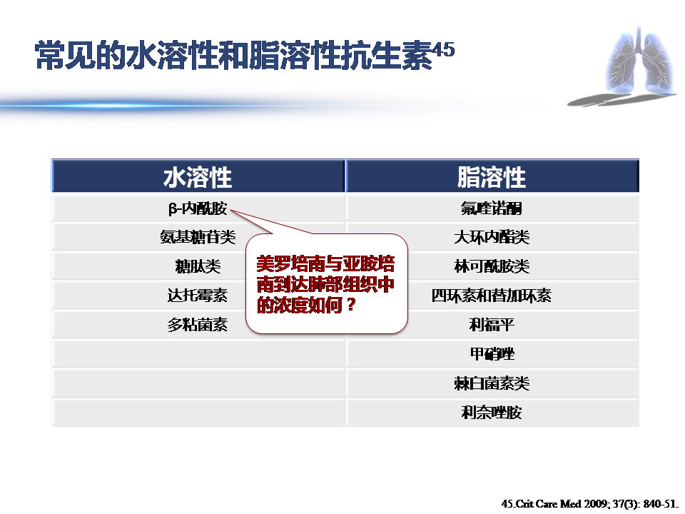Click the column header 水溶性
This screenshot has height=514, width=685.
[x=198, y=177]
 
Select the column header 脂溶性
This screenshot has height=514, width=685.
[x=492, y=177]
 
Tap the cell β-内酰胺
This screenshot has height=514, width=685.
[x=198, y=208]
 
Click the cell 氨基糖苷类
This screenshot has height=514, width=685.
[x=198, y=237]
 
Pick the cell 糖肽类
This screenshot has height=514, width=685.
[x=198, y=267]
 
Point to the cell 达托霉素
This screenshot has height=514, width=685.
[x=198, y=296]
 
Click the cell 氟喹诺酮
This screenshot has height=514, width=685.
[x=492, y=208]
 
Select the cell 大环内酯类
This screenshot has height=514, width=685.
[x=492, y=237]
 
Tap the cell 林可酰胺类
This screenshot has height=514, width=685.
[x=492, y=267]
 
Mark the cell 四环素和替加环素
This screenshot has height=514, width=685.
[x=492, y=296]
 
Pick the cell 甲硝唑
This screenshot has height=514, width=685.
[x=492, y=354]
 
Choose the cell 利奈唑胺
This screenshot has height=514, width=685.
[x=492, y=413]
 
